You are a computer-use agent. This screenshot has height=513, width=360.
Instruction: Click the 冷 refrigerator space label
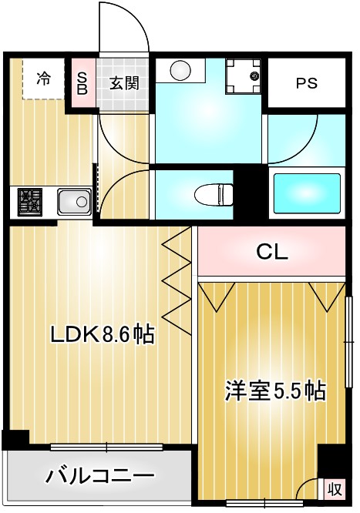click(x=45, y=79)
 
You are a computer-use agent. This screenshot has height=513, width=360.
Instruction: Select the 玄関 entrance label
click(x=123, y=82)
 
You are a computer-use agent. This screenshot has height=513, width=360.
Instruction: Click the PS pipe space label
click(x=306, y=84)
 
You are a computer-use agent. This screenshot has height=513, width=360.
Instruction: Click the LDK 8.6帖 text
click(x=102, y=334)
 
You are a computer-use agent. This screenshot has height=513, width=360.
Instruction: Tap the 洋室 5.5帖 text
click(x=274, y=391)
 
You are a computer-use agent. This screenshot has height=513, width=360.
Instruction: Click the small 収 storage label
click(x=333, y=488)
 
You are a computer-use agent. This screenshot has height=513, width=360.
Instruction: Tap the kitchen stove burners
click(x=29, y=203)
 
